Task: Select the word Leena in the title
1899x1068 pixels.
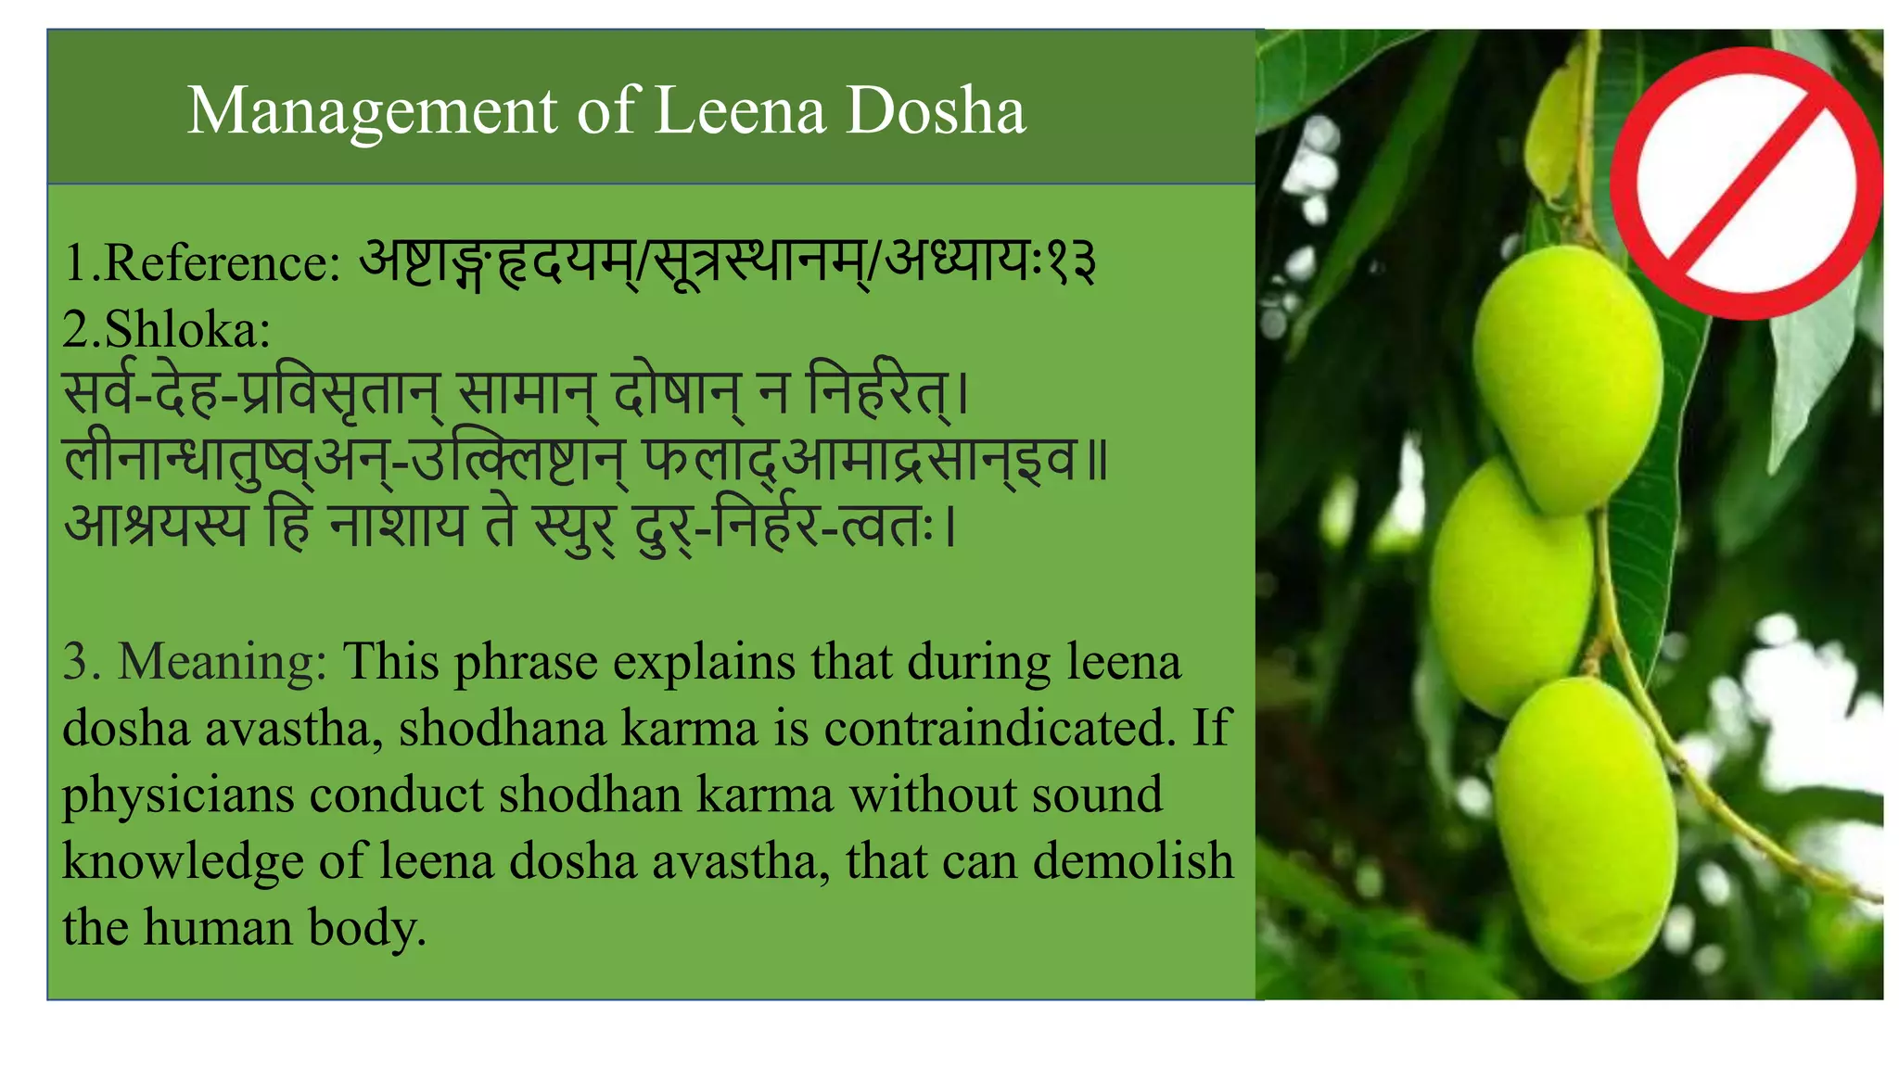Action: pos(739,111)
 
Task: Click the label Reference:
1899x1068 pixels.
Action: pos(223,263)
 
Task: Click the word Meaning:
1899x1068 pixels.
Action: pos(223,663)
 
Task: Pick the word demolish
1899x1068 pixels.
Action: pos(1133,861)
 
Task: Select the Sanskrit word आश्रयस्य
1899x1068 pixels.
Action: pos(157,526)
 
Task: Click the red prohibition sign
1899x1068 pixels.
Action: pos(1746,184)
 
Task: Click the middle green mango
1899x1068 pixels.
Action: pos(1509,589)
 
